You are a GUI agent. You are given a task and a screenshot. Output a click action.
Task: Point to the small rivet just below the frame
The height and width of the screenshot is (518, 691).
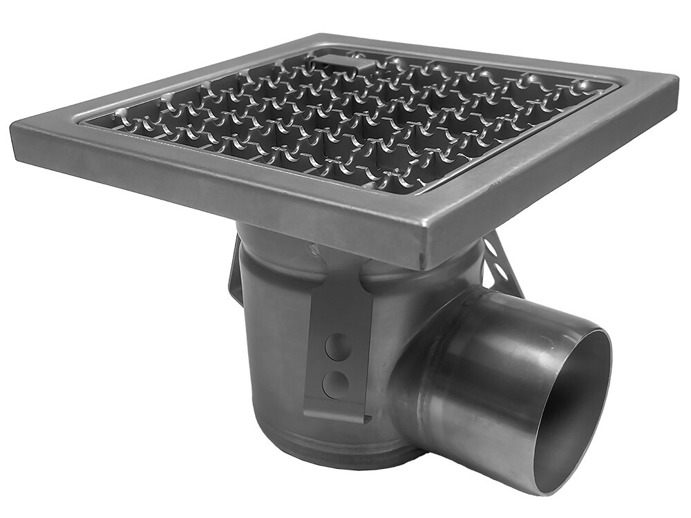point(314,247)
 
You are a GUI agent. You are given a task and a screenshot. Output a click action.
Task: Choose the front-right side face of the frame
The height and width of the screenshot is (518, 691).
point(553,173)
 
